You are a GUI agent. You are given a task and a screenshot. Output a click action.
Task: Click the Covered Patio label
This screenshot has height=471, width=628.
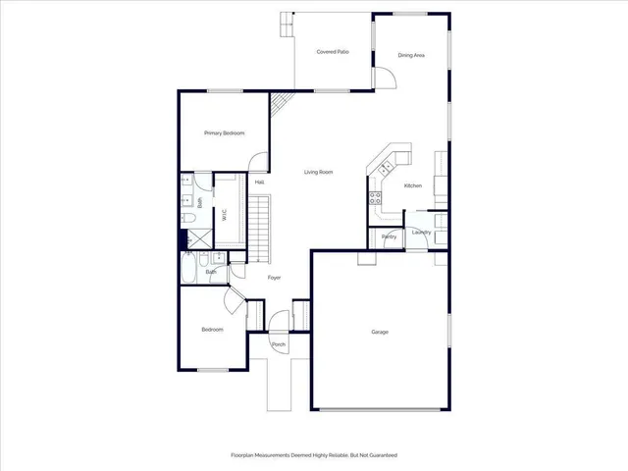(x=334, y=52)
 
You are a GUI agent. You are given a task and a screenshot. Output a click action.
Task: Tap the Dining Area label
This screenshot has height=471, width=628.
(x=411, y=56)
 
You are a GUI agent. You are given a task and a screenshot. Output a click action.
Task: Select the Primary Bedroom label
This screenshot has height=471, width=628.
(x=224, y=132)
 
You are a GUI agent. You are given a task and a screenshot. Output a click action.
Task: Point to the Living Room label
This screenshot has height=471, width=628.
(x=318, y=172)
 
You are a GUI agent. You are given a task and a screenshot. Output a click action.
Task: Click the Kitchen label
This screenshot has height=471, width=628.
(x=413, y=185)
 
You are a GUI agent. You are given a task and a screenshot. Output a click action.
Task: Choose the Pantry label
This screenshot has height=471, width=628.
(x=389, y=236)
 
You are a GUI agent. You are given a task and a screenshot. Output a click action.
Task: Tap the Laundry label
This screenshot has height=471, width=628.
(x=422, y=233)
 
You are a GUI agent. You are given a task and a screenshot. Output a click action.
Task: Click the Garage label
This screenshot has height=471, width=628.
(x=380, y=332)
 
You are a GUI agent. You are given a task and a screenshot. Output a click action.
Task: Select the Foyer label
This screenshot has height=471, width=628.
(x=275, y=278)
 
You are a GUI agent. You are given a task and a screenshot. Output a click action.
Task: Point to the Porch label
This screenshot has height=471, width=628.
(x=279, y=345)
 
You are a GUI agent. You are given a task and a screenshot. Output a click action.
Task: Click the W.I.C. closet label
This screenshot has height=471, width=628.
(x=226, y=215)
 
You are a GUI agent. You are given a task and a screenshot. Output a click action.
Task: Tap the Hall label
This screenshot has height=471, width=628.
(x=259, y=183)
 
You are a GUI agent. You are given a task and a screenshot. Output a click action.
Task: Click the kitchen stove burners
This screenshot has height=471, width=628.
(x=375, y=197)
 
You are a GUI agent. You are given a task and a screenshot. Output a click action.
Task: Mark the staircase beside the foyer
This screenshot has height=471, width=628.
(x=257, y=228)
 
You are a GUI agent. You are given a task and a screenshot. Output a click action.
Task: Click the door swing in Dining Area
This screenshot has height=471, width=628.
(x=383, y=80)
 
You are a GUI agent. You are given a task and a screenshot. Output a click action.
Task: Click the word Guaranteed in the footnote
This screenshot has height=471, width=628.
(x=380, y=455)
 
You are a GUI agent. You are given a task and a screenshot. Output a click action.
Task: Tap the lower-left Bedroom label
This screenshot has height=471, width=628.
(x=213, y=330)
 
